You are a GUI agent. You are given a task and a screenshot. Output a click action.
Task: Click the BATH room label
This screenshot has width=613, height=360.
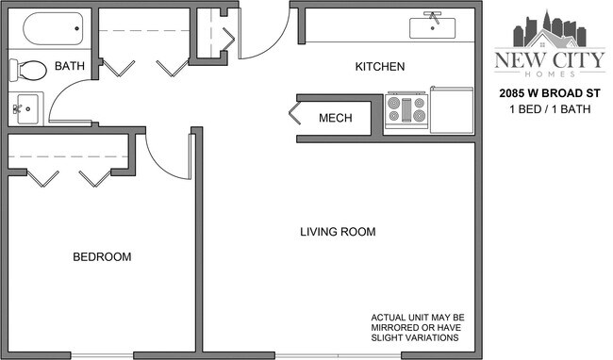click(x=69, y=66)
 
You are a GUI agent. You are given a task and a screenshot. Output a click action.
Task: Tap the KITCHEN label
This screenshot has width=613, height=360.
click(x=379, y=67)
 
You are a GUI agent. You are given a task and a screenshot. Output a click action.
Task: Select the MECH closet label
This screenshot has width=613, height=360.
click(x=335, y=118)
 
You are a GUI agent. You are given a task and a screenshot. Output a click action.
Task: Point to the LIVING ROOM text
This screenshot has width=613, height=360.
click(x=338, y=232)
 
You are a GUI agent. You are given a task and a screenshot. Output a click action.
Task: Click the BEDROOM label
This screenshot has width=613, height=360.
click(x=102, y=256)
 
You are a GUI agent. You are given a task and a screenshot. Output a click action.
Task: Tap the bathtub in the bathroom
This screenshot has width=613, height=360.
click(x=52, y=30)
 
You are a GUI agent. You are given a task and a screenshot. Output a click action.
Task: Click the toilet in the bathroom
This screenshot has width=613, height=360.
click(x=28, y=71)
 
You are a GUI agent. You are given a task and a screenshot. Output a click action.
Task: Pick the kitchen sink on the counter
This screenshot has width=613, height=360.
click(x=433, y=25)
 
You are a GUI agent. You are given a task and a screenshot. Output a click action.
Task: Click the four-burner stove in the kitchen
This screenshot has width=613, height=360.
click(x=406, y=109)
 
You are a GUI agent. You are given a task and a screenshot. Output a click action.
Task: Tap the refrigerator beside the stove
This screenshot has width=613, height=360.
click(x=452, y=109)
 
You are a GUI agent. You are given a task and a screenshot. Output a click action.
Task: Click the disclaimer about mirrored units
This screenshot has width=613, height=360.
click(x=416, y=327)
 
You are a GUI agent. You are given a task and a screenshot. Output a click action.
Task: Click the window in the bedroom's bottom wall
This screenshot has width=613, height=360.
click(x=101, y=355)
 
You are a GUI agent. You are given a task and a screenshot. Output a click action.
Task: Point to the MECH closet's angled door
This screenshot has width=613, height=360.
click(x=295, y=118)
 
